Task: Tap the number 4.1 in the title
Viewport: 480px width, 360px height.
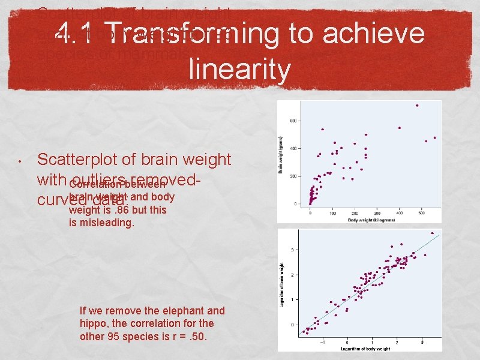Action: coord(78,34)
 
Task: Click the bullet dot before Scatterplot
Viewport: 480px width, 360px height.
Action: coord(20,161)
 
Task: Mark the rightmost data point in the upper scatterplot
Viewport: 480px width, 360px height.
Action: coord(434,138)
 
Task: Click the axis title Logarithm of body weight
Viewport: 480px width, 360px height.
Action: coord(366,349)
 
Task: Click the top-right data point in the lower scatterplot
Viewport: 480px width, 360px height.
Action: coord(432,233)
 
